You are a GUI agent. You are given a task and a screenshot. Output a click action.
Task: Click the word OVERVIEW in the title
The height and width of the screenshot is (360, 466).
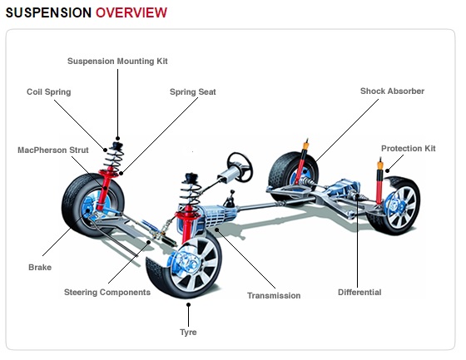tap(131, 12)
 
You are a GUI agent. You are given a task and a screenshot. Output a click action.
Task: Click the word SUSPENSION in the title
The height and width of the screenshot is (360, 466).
tap(48, 12)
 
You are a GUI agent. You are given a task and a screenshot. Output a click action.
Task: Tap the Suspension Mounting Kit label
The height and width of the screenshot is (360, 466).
tap(117, 62)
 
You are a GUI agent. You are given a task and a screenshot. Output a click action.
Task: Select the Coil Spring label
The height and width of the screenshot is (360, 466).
tap(49, 91)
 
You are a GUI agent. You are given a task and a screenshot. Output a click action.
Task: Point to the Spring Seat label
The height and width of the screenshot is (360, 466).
tap(192, 91)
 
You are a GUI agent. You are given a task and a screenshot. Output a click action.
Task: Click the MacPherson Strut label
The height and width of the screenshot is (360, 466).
tap(53, 150)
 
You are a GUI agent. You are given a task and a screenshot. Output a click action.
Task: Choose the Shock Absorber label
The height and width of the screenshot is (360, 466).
tap(392, 91)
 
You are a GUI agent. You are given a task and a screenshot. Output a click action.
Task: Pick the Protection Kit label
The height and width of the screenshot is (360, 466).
tap(409, 148)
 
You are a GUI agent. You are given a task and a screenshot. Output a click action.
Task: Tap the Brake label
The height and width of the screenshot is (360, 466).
tap(40, 268)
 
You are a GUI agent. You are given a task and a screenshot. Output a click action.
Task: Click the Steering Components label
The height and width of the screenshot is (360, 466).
tap(107, 293)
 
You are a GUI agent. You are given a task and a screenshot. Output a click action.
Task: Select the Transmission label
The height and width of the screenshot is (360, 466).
tap(274, 295)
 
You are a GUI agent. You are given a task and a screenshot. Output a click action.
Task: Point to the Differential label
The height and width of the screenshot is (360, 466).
tap(359, 293)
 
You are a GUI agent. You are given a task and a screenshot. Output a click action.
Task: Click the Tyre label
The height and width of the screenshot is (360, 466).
tap(188, 332)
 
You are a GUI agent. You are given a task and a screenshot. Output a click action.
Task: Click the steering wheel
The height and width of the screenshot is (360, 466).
tap(240, 167)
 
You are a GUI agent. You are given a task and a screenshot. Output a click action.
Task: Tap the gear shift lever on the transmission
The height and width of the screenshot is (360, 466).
tap(230, 199)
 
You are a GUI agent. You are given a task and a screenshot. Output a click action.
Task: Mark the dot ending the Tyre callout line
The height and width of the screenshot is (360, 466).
tap(188, 304)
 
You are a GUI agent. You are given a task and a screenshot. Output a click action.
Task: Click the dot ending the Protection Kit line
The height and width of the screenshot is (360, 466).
tap(388, 170)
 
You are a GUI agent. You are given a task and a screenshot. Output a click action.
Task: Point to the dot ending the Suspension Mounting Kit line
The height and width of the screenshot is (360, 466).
tap(117, 138)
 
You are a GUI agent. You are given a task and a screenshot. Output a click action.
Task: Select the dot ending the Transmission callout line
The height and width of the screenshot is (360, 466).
tap(217, 229)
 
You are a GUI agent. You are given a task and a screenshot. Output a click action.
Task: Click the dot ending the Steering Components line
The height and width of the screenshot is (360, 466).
tap(149, 242)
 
